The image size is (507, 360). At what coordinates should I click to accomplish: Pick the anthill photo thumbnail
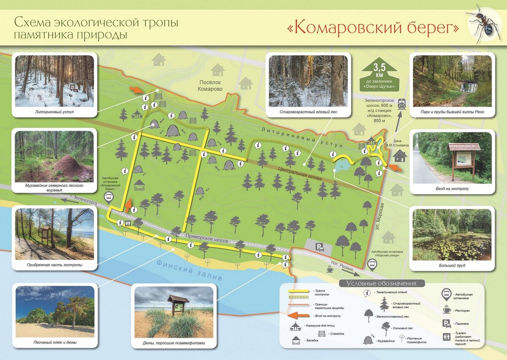coord(54,156)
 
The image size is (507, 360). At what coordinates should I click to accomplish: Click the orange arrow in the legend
coord(300,315)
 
